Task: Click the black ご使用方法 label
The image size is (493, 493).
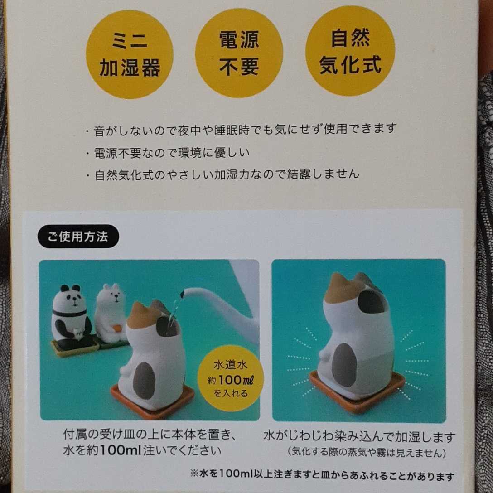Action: [78, 237]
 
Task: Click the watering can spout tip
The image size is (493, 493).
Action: [182, 295]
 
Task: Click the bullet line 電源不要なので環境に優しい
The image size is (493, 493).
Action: [171, 152]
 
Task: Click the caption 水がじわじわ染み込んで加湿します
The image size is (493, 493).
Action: [359, 438]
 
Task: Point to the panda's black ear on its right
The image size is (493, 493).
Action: [77, 288]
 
